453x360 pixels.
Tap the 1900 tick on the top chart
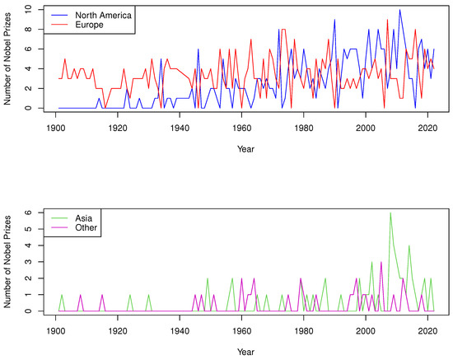pos(56,129)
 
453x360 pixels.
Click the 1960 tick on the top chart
pos(242,129)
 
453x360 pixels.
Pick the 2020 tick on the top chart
pos(427,129)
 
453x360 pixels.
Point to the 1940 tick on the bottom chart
pos(180,332)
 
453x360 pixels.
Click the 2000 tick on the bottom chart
pos(366,332)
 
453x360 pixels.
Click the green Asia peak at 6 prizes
pos(390,213)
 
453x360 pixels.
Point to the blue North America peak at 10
pos(399,10)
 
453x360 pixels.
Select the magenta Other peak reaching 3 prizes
pos(381,262)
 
